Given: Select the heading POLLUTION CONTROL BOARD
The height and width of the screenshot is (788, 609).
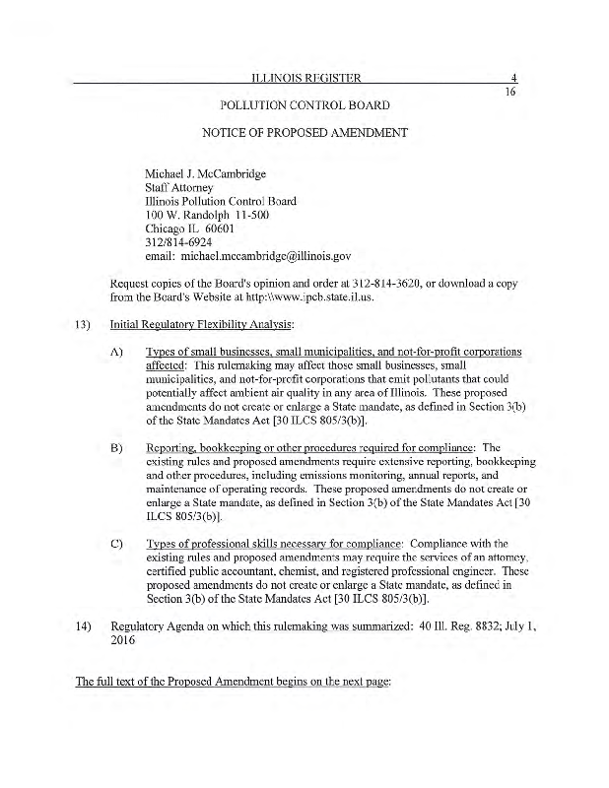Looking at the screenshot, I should coord(304,105).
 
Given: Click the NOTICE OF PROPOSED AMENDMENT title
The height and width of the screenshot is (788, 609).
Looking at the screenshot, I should coord(304,131).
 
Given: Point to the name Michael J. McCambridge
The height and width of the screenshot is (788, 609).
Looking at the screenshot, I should coord(205,174).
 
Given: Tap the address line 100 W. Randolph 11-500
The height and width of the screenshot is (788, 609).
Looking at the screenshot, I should coord(207,215).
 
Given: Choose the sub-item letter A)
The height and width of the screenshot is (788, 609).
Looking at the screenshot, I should coord(116,352).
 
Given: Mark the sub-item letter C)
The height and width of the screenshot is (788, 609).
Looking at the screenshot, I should coord(116,544).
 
